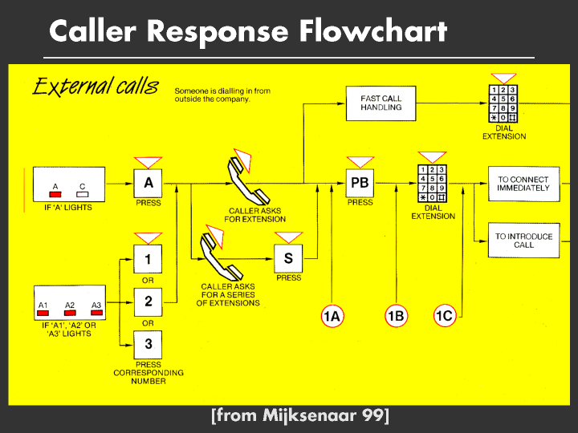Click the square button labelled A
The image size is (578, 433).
tap(148, 183)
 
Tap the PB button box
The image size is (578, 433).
tap(360, 183)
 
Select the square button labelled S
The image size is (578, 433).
tap(288, 258)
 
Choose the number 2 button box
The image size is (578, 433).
tap(148, 301)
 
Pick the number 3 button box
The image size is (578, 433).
tap(148, 345)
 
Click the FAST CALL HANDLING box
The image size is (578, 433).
tap(381, 103)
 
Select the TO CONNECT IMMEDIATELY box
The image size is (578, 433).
tap(523, 184)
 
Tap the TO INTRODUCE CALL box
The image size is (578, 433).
tap(523, 241)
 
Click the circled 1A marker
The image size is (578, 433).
tap(332, 317)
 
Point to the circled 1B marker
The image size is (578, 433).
tap(396, 317)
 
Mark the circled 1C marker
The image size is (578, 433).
tap(444, 317)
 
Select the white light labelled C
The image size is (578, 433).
tap(82, 195)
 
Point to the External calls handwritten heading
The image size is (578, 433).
tap(95, 87)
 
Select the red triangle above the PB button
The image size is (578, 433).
tap(360, 162)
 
